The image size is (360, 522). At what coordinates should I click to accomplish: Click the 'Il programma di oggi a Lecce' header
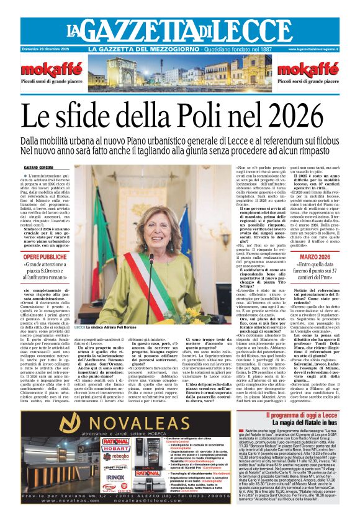(x=294, y=413)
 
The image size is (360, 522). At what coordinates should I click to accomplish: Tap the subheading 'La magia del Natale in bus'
(x=294, y=423)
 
